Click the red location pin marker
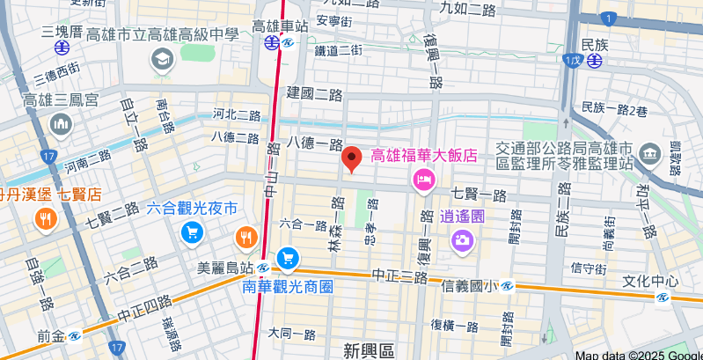pos(352,158)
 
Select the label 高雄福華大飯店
pos(424,155)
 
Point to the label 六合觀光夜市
pos(192,209)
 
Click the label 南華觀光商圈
pos(288,286)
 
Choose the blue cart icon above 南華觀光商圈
pos(287,258)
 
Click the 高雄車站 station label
pos(280,26)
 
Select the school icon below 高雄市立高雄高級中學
pos(163,60)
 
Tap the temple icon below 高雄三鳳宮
pos(61,125)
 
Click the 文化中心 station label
pos(650,282)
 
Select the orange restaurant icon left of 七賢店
pos(43,219)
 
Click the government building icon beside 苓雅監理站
pos(650,153)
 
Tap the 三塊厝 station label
pos(62,33)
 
